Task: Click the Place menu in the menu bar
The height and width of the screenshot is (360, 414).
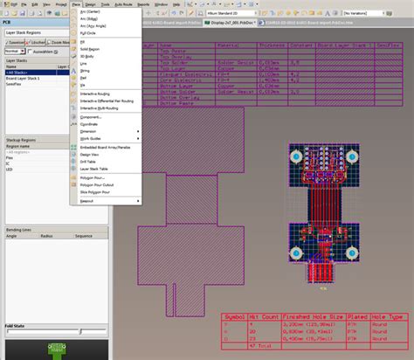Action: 76,4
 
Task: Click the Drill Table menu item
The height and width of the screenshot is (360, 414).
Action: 89,161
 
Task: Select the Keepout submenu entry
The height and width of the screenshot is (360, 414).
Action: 86,200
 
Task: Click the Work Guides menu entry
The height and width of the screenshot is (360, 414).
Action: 91,138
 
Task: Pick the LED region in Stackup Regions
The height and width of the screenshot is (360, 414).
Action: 10,169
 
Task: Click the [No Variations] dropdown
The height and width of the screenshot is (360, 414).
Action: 368,15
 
